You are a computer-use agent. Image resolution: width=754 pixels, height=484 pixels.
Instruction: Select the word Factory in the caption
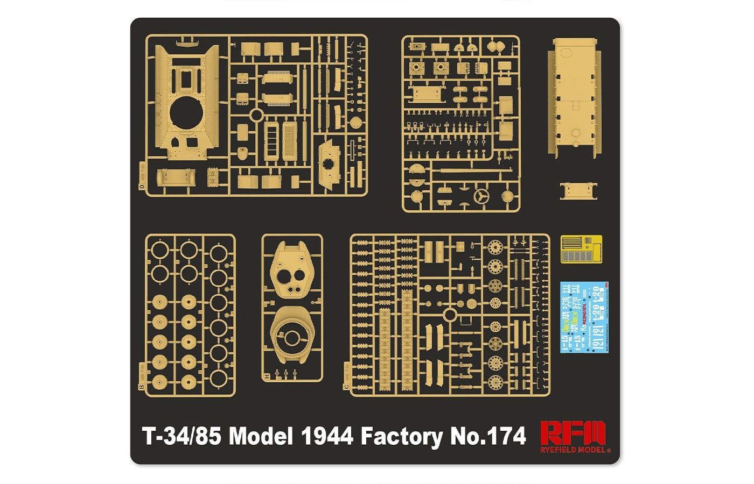click(401, 436)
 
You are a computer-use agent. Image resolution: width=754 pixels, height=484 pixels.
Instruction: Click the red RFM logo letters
click(573, 432)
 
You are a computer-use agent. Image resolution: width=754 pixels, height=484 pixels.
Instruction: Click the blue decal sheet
click(584, 317)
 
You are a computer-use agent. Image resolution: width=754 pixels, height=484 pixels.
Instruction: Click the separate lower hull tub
click(574, 97)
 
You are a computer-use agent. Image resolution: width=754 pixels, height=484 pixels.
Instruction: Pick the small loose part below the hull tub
click(578, 191)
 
